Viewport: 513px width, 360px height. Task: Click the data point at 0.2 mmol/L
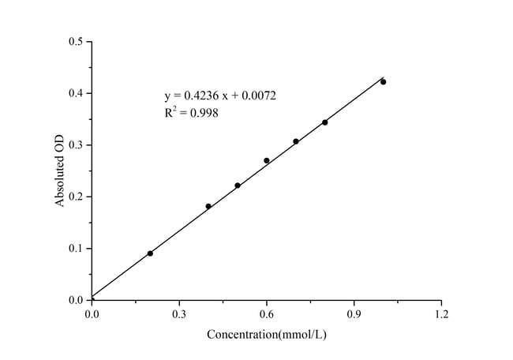click(x=150, y=253)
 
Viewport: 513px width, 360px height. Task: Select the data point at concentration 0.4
click(x=208, y=206)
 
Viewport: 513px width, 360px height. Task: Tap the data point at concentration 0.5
click(x=238, y=186)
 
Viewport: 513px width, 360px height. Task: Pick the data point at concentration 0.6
click(x=267, y=160)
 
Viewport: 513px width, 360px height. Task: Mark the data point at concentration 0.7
click(x=296, y=141)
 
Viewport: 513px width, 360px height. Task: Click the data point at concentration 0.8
click(x=324, y=122)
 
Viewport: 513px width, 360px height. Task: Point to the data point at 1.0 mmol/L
click(x=384, y=81)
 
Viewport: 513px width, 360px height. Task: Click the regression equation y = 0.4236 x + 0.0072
click(x=220, y=96)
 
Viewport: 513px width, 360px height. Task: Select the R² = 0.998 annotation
click(x=192, y=113)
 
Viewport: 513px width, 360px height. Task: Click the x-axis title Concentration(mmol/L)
click(x=267, y=334)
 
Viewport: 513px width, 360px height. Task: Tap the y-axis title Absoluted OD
click(x=60, y=170)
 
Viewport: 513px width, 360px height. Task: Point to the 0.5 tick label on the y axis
click(x=76, y=41)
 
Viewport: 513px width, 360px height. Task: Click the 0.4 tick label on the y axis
click(x=76, y=93)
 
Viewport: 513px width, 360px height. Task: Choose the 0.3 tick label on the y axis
click(x=76, y=144)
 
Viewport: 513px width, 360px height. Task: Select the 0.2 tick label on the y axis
click(x=76, y=197)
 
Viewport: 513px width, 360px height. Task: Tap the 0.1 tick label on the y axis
click(x=76, y=248)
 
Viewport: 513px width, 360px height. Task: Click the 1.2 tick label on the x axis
click(x=441, y=315)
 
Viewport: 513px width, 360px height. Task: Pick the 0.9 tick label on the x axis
click(x=354, y=315)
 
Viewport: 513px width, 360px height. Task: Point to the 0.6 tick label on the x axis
click(x=267, y=315)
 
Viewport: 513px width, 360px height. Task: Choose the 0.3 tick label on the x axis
click(x=179, y=315)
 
